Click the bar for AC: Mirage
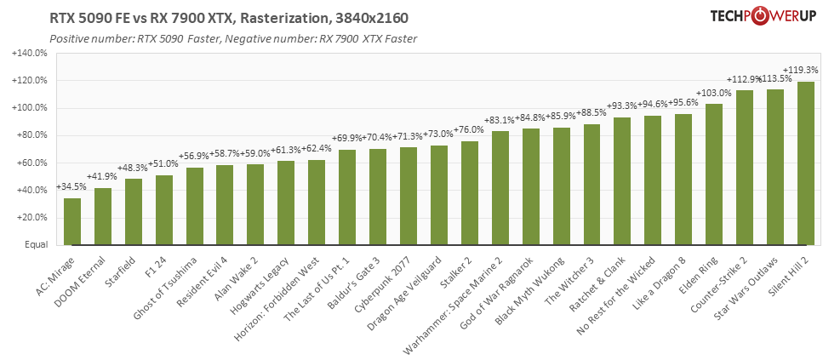(73, 222)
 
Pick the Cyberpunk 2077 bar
(409, 197)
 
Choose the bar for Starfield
(134, 213)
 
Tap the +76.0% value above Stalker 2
(470, 130)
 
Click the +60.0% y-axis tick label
(31, 163)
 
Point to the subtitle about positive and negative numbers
(233, 39)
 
